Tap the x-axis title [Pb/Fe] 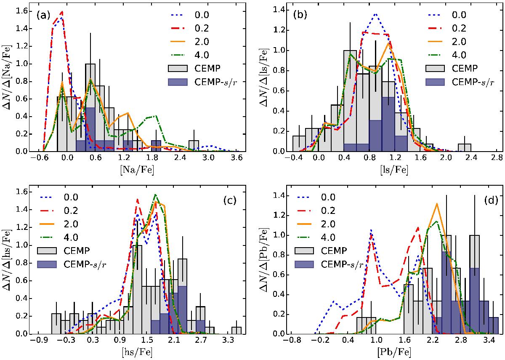tap(396, 353)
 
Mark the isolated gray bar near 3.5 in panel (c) tap(237, 330)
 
